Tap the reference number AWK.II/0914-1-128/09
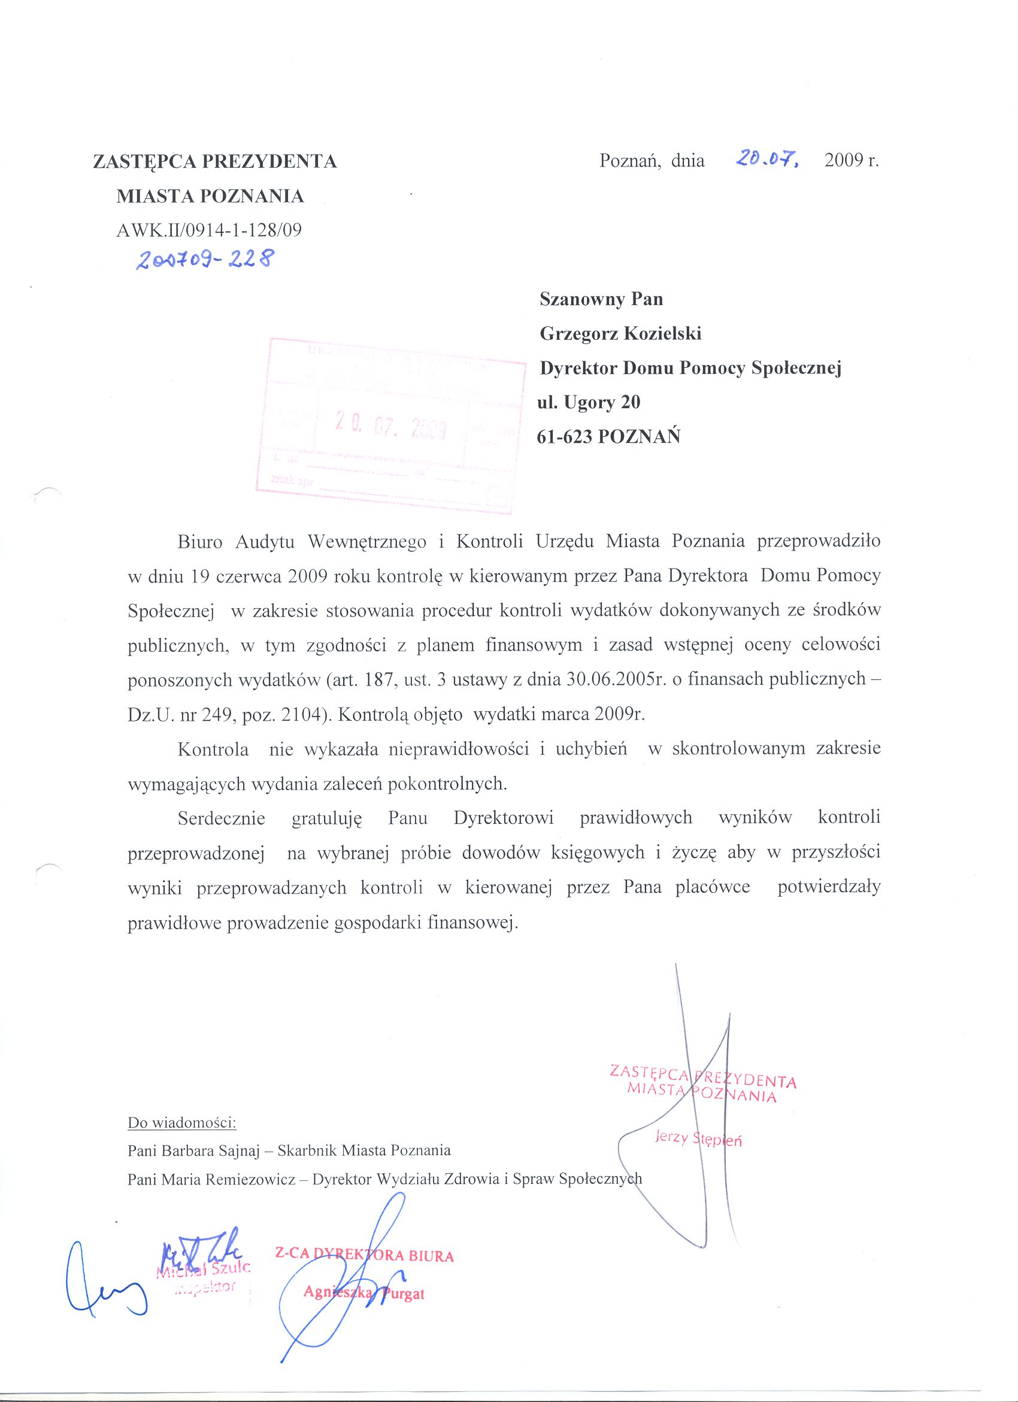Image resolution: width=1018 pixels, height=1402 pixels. (x=209, y=231)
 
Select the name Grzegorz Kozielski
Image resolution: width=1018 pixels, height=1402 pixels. (x=620, y=334)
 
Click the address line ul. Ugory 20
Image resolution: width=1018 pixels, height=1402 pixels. (x=590, y=403)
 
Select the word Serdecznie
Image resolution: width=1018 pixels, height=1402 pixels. (x=221, y=818)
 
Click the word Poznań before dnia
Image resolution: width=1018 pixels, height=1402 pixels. (x=626, y=161)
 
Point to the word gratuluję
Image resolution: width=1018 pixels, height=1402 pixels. (x=326, y=818)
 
